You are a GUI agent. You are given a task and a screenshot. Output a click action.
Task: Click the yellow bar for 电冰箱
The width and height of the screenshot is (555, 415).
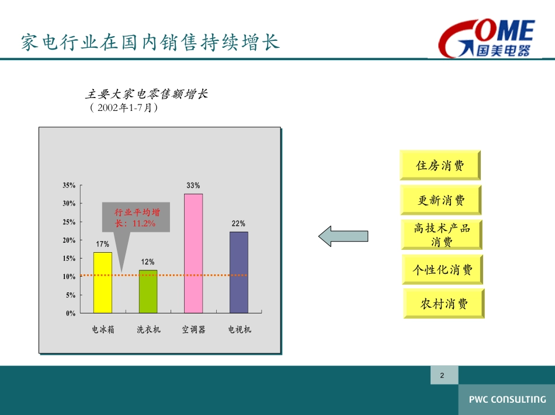click(x=103, y=283)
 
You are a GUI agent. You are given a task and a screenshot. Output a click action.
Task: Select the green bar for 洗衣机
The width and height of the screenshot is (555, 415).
click(x=148, y=292)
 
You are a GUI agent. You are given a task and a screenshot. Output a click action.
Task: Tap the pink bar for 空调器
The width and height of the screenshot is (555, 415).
click(x=193, y=253)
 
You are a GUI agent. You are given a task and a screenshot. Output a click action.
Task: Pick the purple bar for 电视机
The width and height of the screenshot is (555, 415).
click(x=239, y=273)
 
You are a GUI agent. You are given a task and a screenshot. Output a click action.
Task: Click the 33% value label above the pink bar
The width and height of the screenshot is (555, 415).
click(x=193, y=185)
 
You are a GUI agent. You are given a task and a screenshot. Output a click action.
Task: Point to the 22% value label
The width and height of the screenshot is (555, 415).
click(x=238, y=224)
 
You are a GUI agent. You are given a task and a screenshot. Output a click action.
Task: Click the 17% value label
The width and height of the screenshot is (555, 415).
click(x=102, y=244)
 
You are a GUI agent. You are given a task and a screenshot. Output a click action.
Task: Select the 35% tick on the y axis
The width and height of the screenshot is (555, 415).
click(x=69, y=185)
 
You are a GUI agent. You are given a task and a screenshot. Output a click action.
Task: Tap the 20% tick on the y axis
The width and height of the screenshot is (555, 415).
click(x=69, y=240)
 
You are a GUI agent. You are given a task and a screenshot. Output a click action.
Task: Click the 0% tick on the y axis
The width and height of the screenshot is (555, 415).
click(x=71, y=313)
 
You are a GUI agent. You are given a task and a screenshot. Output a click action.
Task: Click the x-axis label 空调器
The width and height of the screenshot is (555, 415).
click(x=193, y=329)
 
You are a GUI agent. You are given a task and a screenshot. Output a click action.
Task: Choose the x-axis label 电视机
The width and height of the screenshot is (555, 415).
click(x=240, y=329)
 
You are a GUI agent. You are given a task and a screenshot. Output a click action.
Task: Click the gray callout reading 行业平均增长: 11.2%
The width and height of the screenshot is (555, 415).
click(x=136, y=217)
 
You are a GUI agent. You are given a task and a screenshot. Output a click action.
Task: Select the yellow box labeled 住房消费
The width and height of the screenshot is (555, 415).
click(x=440, y=165)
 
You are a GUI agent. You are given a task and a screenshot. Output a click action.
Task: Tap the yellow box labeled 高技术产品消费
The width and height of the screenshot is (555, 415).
click(x=442, y=235)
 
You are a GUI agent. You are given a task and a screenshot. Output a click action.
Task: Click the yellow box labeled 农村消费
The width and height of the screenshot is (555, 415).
click(x=444, y=304)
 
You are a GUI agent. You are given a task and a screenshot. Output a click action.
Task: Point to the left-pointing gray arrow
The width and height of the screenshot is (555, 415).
click(x=343, y=236)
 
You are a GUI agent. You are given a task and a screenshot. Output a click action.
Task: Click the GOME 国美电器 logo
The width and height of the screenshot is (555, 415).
click(x=487, y=38)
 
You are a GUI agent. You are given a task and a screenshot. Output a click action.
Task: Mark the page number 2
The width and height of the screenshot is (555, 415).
click(x=442, y=375)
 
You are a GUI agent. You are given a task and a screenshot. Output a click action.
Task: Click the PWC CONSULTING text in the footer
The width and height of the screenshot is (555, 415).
click(x=507, y=399)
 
